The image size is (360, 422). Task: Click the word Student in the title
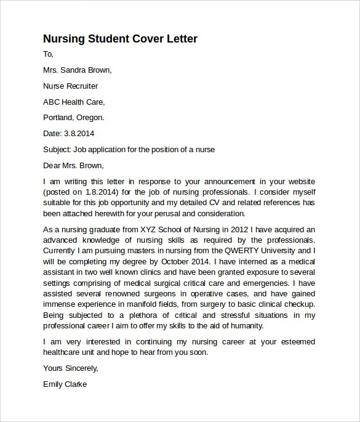[106, 39]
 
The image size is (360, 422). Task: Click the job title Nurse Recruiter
[71, 86]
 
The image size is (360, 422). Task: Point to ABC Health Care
[74, 102]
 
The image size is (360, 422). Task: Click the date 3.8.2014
[79, 133]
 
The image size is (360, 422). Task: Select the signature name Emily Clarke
[65, 384]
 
